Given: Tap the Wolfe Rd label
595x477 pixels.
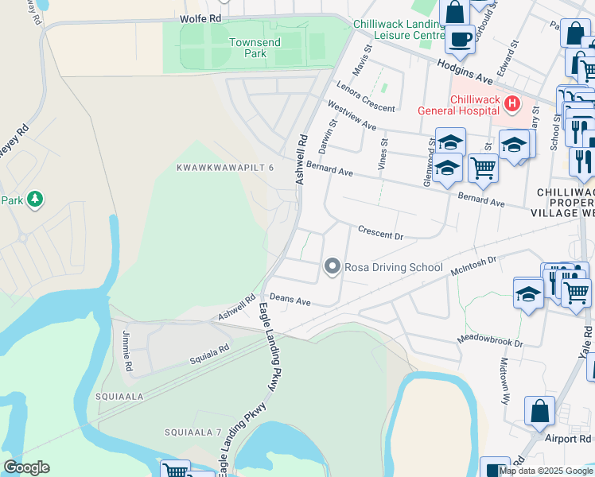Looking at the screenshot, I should [x=200, y=17].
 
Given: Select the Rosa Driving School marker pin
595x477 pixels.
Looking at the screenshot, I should [x=332, y=267].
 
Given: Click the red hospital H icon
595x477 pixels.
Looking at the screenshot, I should [x=512, y=103].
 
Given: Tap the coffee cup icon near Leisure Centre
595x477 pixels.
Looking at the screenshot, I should [x=459, y=37].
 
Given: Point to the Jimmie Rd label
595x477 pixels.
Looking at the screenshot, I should [x=126, y=352].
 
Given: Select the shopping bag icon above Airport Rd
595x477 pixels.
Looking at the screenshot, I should [x=539, y=412].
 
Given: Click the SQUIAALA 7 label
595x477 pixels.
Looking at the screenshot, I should [x=192, y=432].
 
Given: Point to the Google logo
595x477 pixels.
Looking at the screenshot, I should [x=26, y=467].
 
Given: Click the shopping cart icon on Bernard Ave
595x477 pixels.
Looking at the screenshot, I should [x=483, y=167].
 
